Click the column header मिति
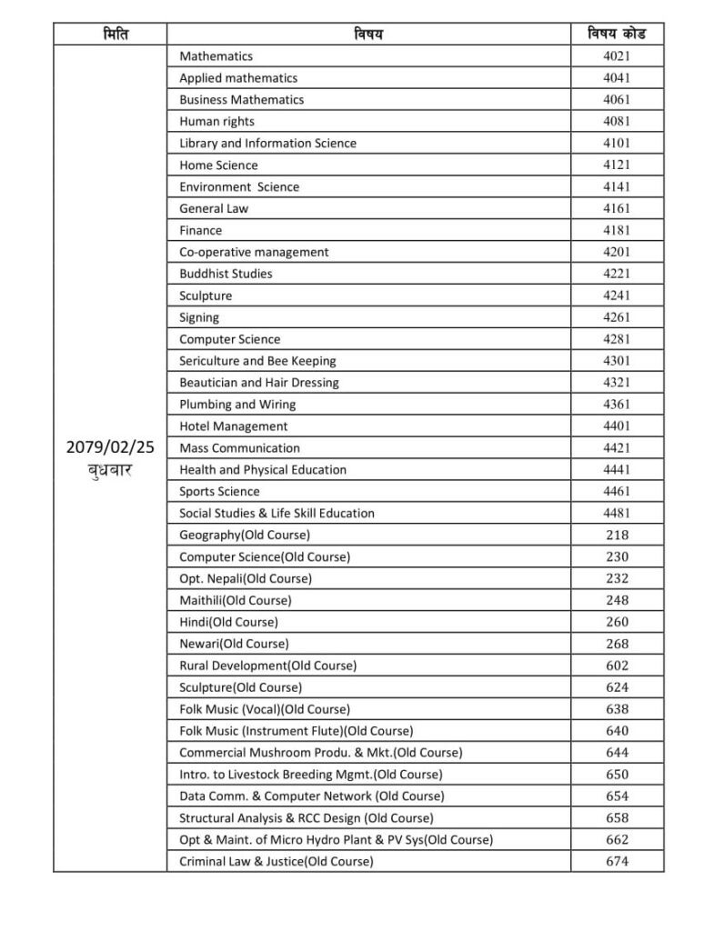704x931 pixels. pos(109,35)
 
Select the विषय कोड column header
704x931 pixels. pos(617,35)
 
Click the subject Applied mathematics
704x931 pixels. pos(238,78)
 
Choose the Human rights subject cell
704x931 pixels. pos(216,122)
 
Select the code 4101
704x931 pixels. pos(617,143)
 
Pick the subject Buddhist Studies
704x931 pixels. pos(226,274)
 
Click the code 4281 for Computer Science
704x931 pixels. pos(617,339)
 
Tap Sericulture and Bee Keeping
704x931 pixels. pos(257,361)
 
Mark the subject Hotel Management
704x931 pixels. pos(233,426)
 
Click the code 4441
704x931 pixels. pos(617,470)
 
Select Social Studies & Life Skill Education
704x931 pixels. pos(277,513)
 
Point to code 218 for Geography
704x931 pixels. pos(617,535)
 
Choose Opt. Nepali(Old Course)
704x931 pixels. pos(246,578)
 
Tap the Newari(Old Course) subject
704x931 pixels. pos(234,644)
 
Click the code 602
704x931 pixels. pos(617,666)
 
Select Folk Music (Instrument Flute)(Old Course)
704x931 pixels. pos(296,731)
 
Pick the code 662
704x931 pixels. pos(617,839)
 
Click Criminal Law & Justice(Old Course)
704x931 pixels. pos(276,861)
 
